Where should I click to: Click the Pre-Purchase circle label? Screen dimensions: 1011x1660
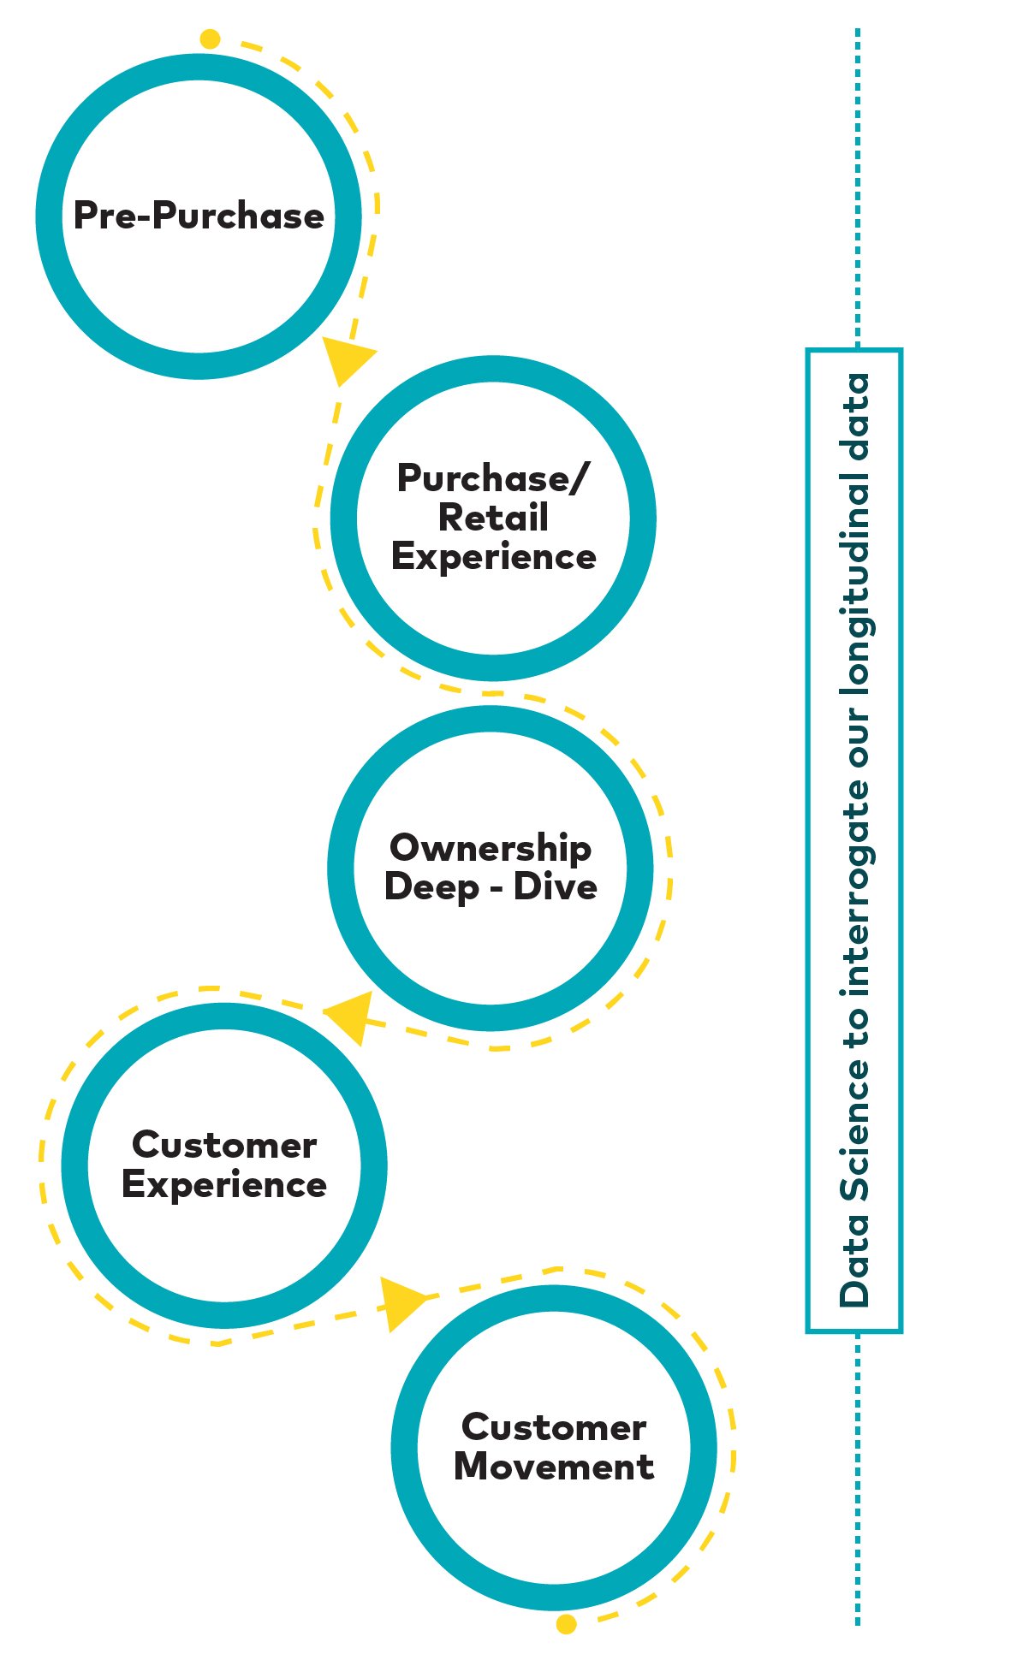pos(199,216)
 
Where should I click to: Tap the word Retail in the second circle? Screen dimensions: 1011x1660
pos(493,518)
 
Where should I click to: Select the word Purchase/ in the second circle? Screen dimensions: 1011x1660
pos(493,478)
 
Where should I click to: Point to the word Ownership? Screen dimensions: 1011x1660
pos(491,848)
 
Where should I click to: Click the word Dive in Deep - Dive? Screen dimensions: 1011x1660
pos(555,886)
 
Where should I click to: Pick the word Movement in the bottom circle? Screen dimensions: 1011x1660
pos(554,1467)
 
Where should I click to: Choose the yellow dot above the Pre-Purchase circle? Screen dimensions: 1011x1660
pos(210,39)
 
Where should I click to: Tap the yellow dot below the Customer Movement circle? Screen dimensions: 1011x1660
pos(566,1623)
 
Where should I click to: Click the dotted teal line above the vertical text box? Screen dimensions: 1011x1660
pos(857,188)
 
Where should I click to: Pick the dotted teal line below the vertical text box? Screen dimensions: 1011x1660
pos(857,1479)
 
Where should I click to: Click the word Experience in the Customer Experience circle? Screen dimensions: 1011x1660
pos(224,1185)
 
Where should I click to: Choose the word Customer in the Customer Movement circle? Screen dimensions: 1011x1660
pos(554,1427)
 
